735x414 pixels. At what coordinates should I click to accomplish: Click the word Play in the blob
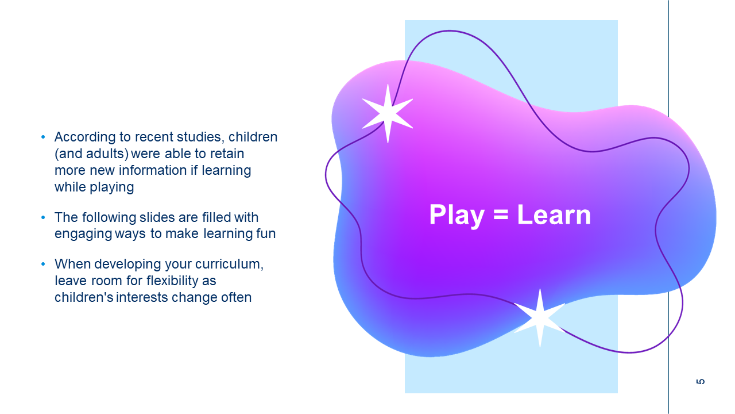point(457,216)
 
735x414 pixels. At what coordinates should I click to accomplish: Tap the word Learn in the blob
point(554,214)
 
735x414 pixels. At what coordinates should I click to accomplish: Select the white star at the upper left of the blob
point(388,113)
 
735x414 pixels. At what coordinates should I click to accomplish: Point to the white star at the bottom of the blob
point(540,318)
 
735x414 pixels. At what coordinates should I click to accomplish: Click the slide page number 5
point(700,381)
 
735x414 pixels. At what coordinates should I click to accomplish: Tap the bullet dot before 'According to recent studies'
point(43,137)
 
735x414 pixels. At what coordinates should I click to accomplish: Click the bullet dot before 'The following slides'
point(43,217)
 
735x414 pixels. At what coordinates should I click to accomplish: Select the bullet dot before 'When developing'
point(43,264)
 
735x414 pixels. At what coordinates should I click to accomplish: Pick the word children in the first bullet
point(253,137)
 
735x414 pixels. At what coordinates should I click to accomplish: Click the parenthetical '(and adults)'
point(91,154)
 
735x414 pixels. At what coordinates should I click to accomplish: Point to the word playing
point(112,187)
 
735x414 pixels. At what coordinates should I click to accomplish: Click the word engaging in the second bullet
point(83,234)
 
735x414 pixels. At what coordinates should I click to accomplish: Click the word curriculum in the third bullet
point(229,264)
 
